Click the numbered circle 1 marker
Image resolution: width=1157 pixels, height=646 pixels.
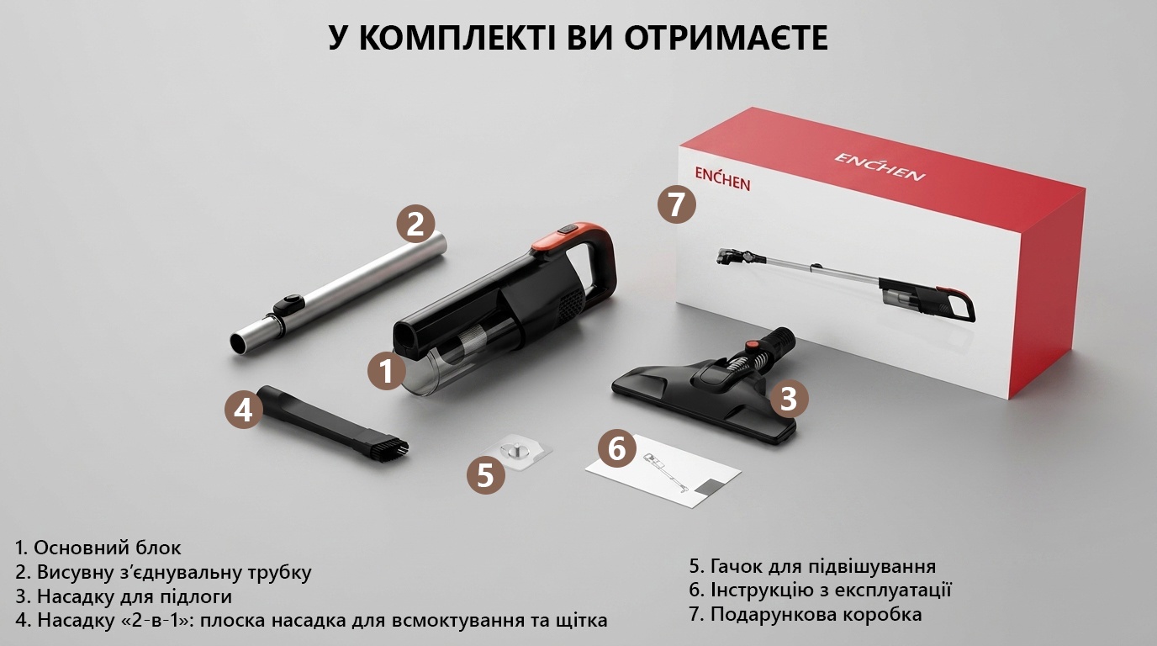coord(387,371)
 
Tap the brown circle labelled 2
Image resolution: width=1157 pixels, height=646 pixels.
coord(415,225)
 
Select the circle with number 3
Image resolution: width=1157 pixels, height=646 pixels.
coord(789,399)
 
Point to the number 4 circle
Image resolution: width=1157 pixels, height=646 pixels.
coord(244,410)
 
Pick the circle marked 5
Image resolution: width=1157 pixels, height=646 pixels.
coord(486,475)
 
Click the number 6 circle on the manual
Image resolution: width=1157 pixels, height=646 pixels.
coord(617,448)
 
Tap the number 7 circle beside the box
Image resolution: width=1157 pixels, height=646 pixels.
coord(677,204)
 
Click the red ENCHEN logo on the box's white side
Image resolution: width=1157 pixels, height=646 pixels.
coord(722,179)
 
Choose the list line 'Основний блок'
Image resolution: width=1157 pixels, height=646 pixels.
coord(98,548)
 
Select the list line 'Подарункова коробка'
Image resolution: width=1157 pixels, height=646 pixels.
coord(806,615)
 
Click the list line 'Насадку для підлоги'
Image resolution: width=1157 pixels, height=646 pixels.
coord(124,596)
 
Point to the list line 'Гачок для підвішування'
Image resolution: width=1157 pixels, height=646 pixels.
coord(812,566)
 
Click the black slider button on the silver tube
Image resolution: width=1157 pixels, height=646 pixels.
coord(287,304)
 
